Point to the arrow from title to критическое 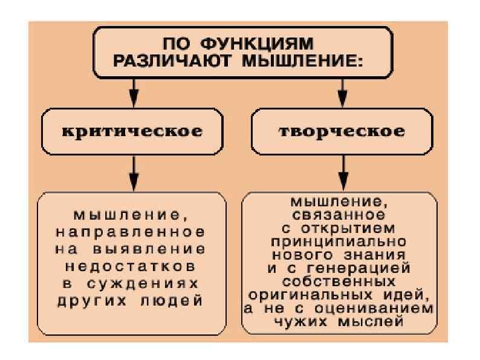134,94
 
